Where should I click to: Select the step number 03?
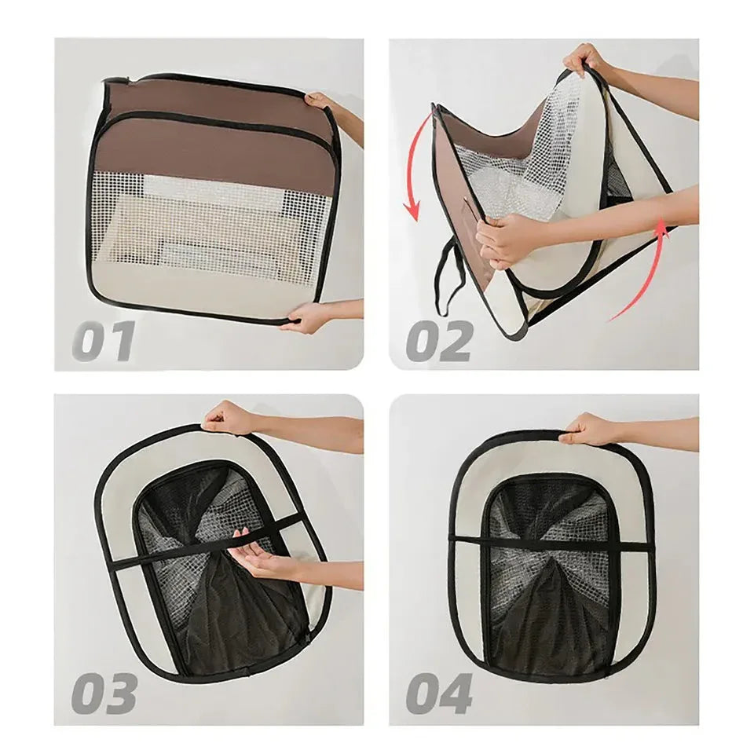104,693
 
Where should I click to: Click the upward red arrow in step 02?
652,274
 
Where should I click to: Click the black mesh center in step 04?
548,577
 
